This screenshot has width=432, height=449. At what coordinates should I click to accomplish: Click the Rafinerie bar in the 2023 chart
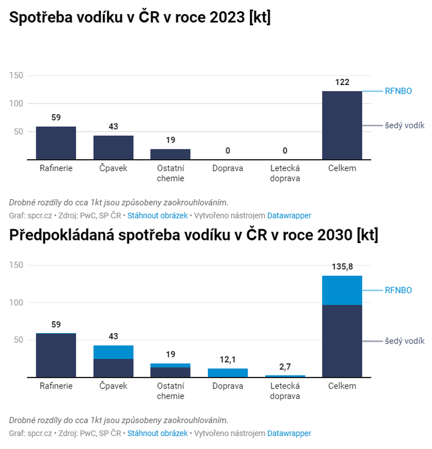[x=56, y=143]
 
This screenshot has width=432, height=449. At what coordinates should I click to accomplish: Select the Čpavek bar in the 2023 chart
[x=113, y=147]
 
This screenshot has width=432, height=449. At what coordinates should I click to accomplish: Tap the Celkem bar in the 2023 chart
[x=342, y=125]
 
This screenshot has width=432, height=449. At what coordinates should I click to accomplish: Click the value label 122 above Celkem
[x=342, y=82]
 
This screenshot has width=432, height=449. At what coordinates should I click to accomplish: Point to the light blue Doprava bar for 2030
[x=228, y=373]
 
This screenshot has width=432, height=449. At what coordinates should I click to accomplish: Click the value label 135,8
[x=342, y=267]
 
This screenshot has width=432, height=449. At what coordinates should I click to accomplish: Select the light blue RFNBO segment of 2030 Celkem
[x=342, y=290]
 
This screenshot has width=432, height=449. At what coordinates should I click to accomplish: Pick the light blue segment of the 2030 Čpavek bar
[x=113, y=352]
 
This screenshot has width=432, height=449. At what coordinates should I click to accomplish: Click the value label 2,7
[x=285, y=366]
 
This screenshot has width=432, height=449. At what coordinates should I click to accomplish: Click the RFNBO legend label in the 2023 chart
[x=398, y=91]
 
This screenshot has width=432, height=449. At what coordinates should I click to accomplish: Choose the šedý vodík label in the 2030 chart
[x=404, y=341]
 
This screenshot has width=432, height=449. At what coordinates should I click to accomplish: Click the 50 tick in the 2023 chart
[x=19, y=131]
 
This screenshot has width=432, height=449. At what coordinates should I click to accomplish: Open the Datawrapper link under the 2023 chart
[x=289, y=216]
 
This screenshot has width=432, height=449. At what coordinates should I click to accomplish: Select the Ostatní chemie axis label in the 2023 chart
[x=170, y=173]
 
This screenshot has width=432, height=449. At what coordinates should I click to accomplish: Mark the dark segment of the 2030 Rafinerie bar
[x=56, y=356]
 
